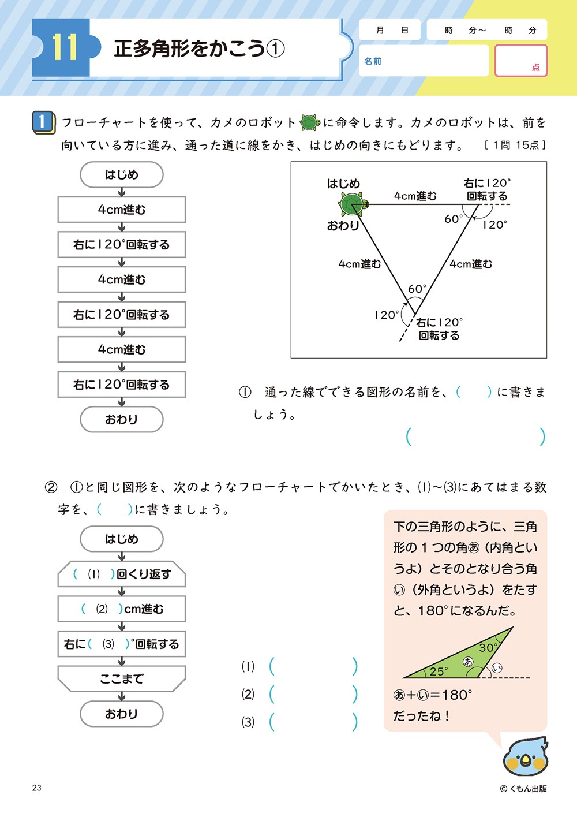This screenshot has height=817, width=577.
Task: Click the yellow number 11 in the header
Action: tap(64, 47)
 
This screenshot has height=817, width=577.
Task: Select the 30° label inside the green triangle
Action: tap(488, 647)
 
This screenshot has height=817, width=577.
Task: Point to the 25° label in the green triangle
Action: tap(439, 671)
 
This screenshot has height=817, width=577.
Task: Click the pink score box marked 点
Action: tap(520, 61)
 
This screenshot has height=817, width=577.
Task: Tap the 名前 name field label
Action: tap(373, 61)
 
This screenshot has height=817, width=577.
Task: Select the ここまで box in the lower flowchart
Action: tap(121, 678)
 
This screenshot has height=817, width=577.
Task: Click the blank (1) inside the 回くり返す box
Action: tap(93, 574)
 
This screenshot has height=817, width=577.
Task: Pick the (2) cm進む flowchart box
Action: tap(121, 609)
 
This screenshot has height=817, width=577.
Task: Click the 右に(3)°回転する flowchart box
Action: tap(121, 644)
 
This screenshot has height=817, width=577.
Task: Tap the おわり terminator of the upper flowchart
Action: tap(121, 419)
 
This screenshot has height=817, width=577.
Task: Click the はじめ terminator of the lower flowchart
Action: tap(121, 539)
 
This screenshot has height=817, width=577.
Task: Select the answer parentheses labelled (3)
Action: tap(313, 722)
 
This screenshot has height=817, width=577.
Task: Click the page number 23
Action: tap(37, 788)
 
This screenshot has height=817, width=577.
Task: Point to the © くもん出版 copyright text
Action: tap(523, 788)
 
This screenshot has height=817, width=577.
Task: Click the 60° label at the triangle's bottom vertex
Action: tap(417, 289)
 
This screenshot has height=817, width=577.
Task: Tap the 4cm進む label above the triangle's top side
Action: tap(415, 196)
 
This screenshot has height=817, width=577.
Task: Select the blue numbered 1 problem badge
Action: tap(44, 122)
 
